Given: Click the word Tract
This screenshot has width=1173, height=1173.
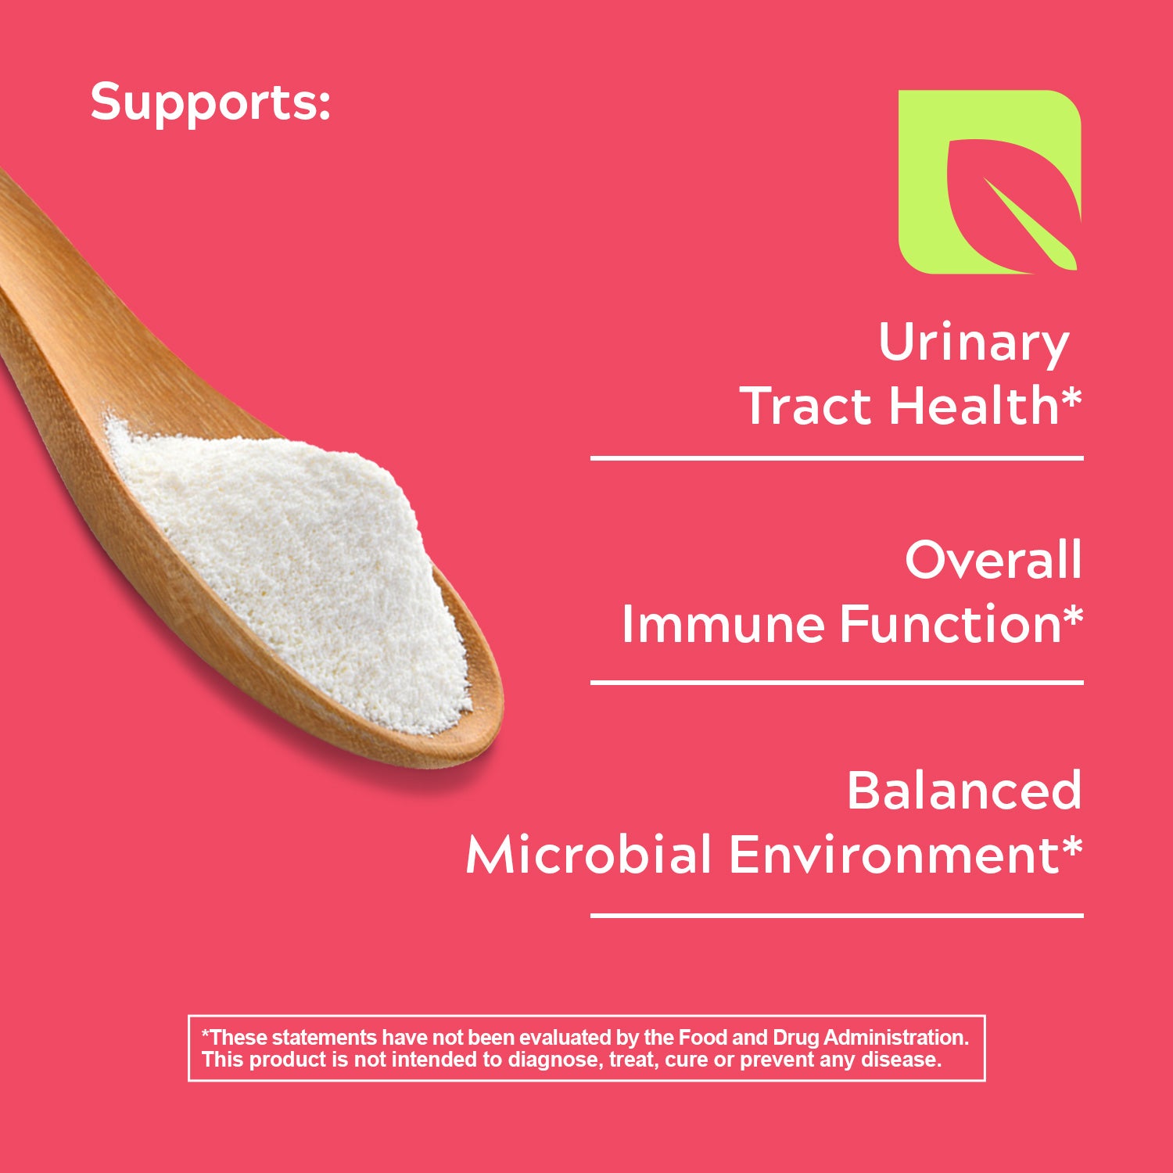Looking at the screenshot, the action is (808, 406).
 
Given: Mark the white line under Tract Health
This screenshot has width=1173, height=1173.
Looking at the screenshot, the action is (837, 458).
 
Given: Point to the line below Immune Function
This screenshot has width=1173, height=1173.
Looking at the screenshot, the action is (837, 683).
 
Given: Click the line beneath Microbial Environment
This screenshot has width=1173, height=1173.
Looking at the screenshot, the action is (837, 914).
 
